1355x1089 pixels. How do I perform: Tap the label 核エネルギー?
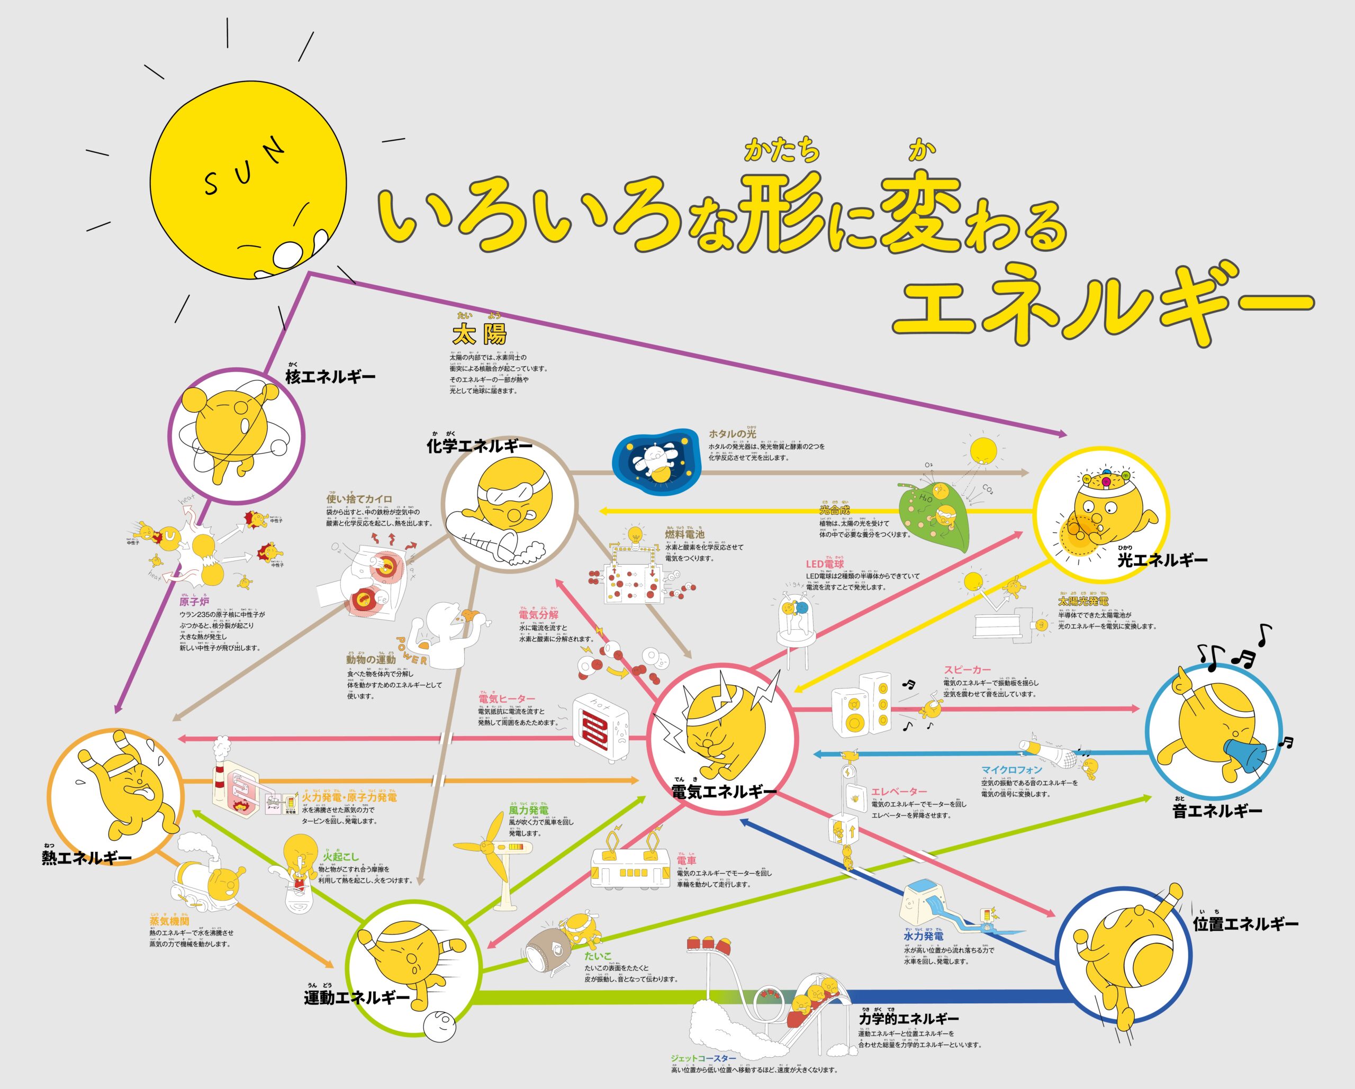pos(330,377)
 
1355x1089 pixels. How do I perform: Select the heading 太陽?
pos(479,334)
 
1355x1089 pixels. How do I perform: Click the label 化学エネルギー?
pos(479,446)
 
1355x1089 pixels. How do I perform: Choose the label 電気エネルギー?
pos(724,792)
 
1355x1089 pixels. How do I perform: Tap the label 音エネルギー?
pos(1217,811)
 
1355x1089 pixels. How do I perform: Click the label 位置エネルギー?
pos(1245,924)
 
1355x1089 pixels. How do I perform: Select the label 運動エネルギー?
pos(356,997)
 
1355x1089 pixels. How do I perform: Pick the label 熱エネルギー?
pos(87,858)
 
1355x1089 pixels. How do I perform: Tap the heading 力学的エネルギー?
pos(908,1019)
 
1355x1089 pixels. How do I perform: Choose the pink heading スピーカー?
pos(966,670)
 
